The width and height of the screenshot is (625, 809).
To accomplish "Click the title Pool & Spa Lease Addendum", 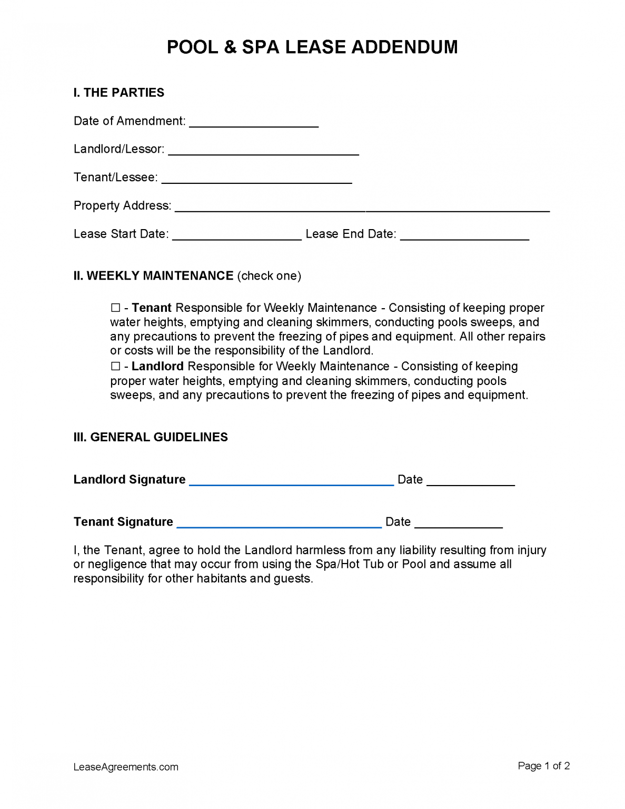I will (312, 47).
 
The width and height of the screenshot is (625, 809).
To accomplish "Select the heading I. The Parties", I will (119, 93).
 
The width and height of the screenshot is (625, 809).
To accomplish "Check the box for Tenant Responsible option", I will (115, 308).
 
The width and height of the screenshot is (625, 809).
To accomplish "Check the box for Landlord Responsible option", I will (115, 367).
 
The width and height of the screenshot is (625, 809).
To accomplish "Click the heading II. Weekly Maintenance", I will (153, 276).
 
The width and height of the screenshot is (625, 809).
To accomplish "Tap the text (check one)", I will (269, 276).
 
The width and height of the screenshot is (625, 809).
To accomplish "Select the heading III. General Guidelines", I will (151, 437).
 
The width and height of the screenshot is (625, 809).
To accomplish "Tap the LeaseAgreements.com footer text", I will (126, 767).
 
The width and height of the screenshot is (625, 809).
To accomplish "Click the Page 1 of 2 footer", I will (543, 766).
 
